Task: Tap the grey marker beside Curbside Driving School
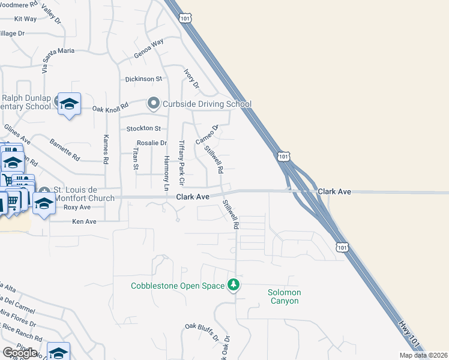[154, 104]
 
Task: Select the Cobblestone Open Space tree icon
[234, 285]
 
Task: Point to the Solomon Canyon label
[284, 296]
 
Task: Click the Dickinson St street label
[143, 79]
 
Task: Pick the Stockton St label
[143, 128]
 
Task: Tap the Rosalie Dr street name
[151, 143]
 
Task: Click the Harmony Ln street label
[167, 173]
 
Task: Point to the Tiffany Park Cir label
[182, 163]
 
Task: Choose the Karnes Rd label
[106, 149]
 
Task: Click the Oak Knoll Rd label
[110, 109]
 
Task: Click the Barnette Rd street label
[64, 150]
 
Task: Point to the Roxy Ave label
[77, 207]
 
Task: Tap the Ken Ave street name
[84, 221]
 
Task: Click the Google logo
[20, 353]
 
